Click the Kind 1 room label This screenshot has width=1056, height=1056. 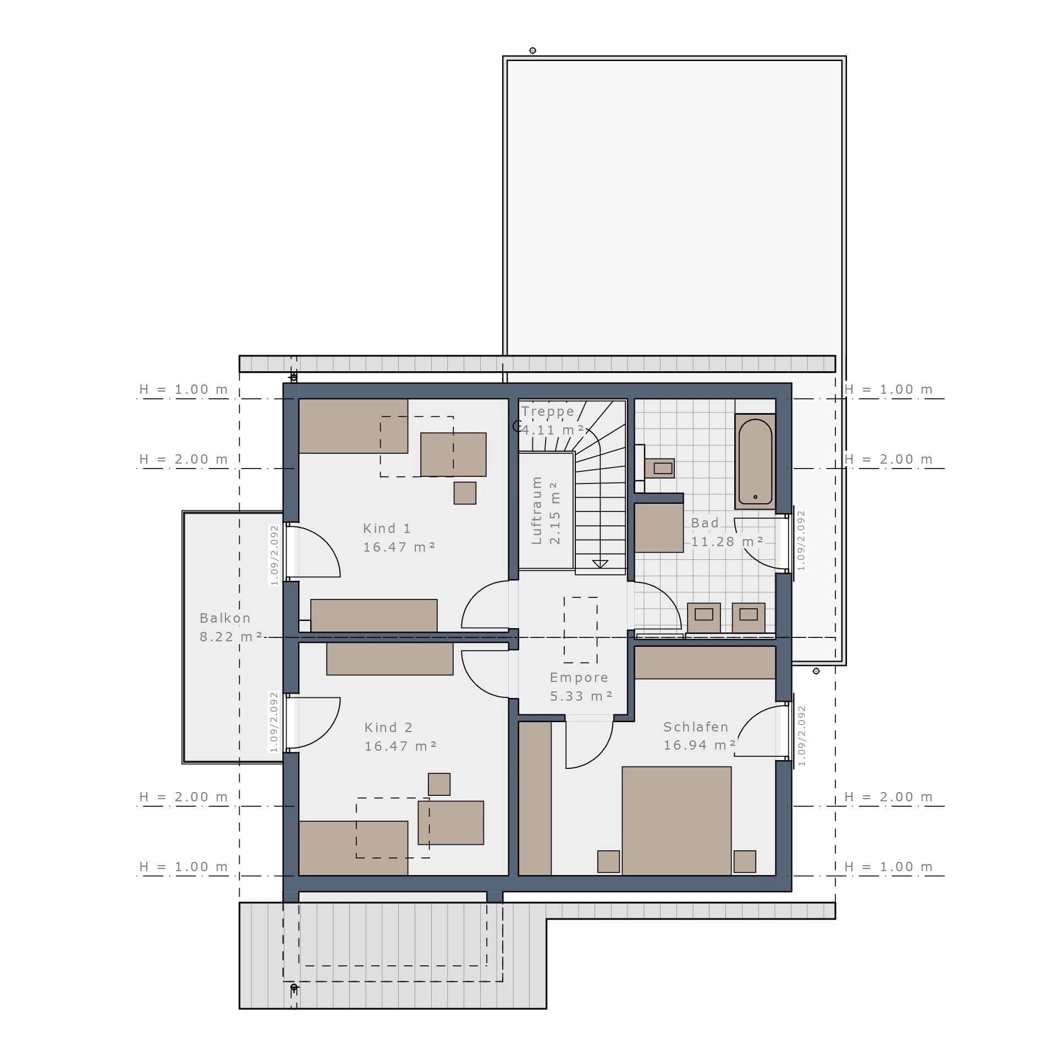387,529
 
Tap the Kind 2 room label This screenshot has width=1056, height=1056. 388,728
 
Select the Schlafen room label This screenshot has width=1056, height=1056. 696,727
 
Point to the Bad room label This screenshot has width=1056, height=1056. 705,523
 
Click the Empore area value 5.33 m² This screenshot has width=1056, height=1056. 581,696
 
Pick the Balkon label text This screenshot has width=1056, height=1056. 225,618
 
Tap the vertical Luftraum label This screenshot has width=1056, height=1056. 537,510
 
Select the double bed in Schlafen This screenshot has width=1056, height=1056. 676,821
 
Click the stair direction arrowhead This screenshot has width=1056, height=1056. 600,564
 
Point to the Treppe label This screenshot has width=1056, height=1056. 548,411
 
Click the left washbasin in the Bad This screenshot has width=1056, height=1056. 704,618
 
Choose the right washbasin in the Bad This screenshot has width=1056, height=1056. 749,618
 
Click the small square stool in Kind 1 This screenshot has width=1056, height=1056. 465,493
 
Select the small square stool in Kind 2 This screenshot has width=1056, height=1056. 439,784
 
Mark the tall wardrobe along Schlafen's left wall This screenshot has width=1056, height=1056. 535,799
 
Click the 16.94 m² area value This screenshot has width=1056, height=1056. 700,745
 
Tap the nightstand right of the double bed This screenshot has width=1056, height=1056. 745,862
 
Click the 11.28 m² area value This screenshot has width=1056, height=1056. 727,542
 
